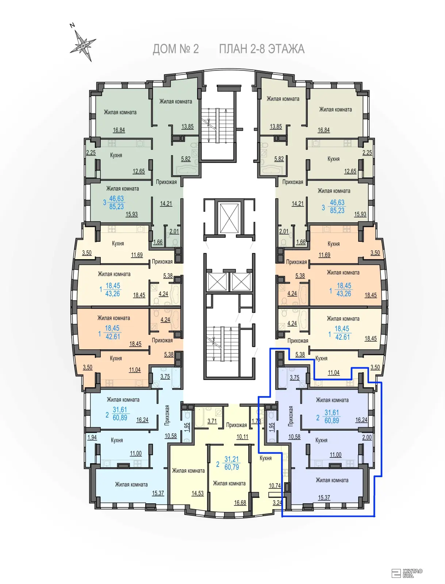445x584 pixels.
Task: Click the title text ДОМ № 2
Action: [x=176, y=49]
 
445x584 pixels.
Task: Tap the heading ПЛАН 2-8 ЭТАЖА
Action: [x=262, y=49]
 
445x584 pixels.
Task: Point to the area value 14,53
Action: [x=197, y=493]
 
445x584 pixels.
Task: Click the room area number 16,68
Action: [x=240, y=503]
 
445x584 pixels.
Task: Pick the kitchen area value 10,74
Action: [x=275, y=485]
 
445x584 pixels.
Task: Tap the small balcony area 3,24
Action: [x=277, y=502]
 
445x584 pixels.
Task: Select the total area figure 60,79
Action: [x=232, y=467]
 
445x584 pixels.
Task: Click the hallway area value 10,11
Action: [x=242, y=437]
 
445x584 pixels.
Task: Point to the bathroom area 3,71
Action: [x=212, y=421]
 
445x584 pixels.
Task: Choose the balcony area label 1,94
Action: [x=92, y=437]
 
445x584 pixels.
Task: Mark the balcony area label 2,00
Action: [x=367, y=437]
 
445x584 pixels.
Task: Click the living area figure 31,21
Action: [x=232, y=459]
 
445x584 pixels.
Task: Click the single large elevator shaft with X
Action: [x=229, y=218]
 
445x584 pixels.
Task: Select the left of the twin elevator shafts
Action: [x=217, y=282]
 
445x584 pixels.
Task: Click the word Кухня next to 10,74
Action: [x=265, y=458]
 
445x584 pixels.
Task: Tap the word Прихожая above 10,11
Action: [x=237, y=425]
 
